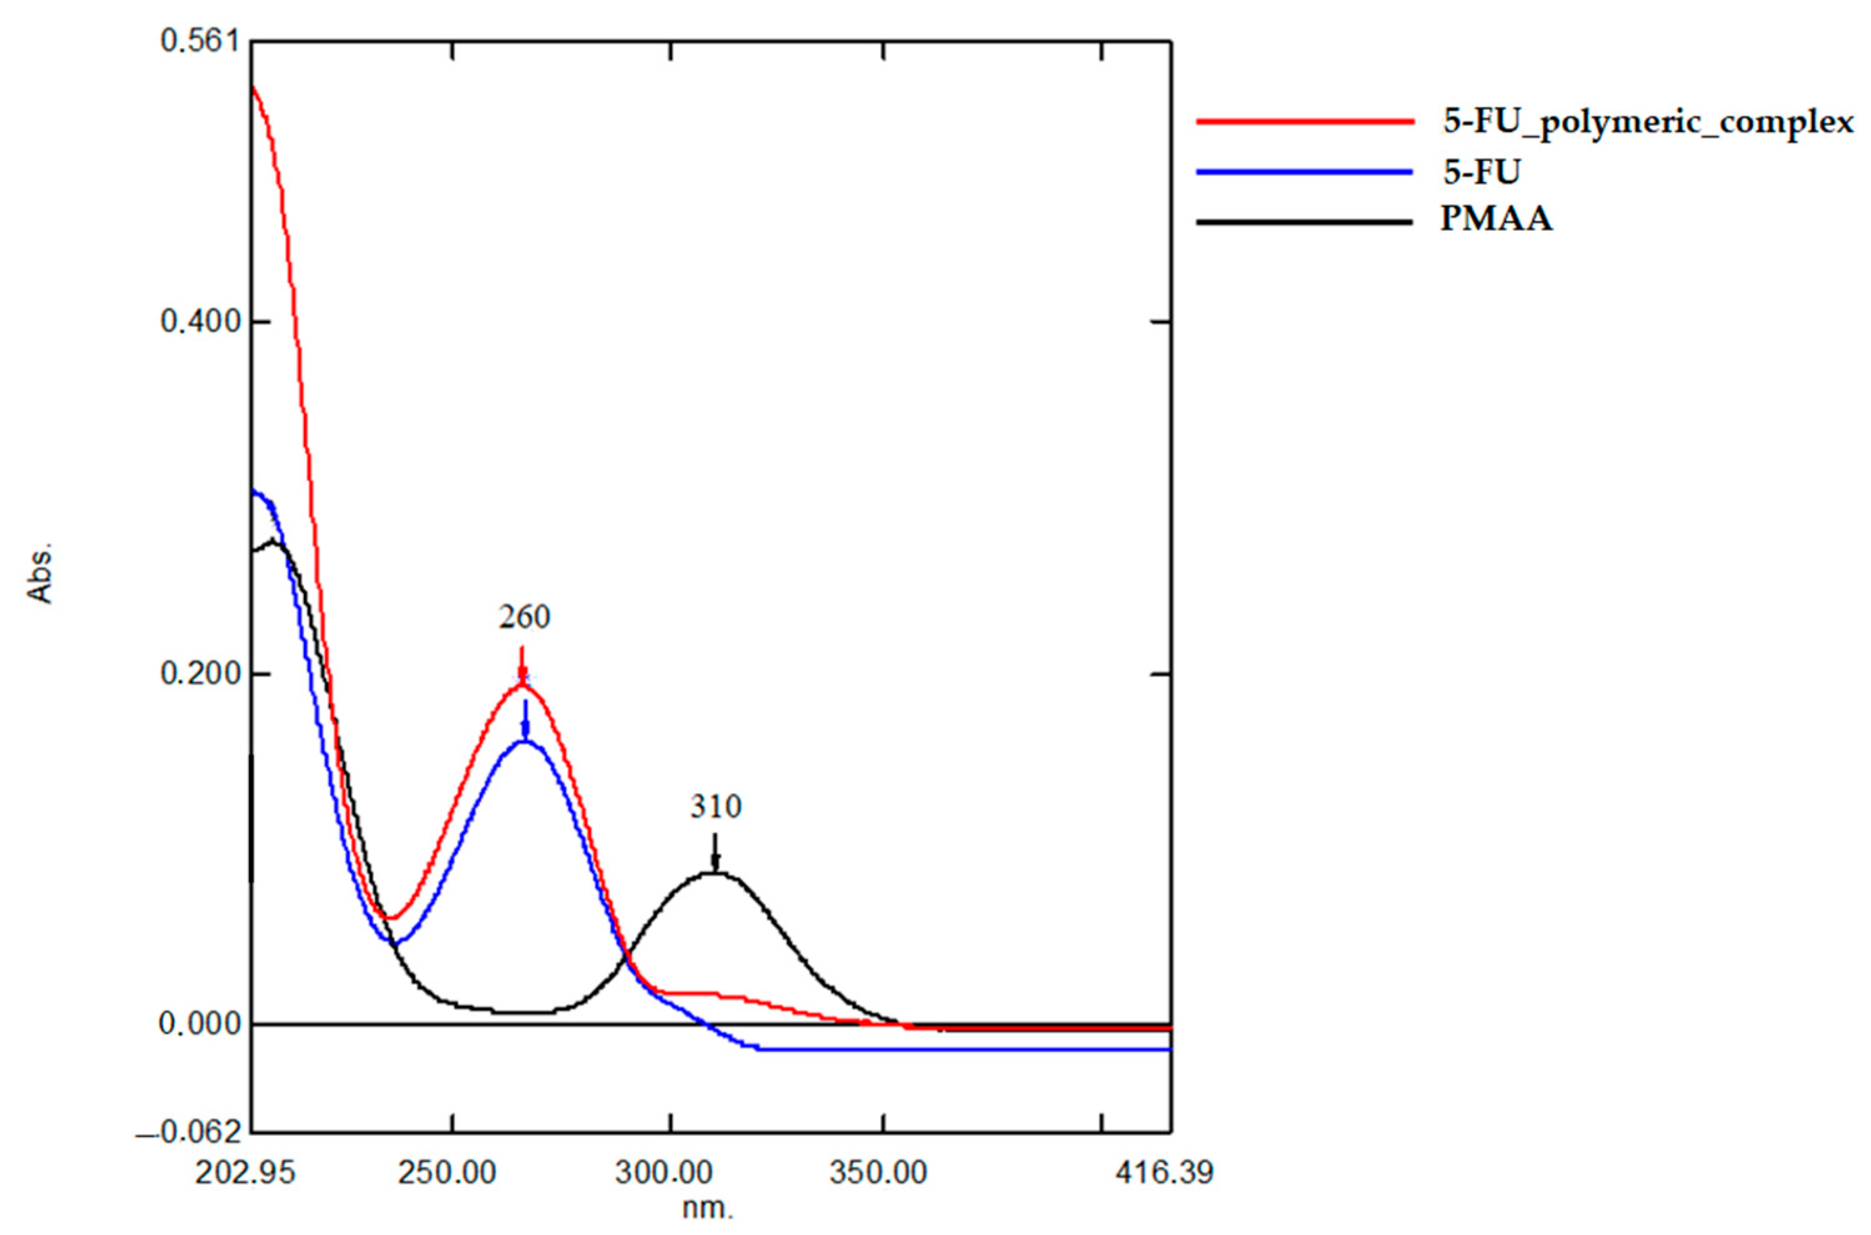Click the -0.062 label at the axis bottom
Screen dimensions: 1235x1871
click(189, 1133)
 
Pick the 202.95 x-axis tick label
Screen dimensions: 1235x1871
click(245, 1173)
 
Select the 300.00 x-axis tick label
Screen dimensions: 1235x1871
click(664, 1173)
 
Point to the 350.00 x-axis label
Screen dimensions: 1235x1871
click(878, 1173)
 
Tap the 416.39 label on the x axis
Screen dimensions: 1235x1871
click(1164, 1173)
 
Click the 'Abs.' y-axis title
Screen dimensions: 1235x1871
click(39, 571)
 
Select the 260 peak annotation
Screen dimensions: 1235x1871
click(524, 617)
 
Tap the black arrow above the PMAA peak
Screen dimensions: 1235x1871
click(715, 852)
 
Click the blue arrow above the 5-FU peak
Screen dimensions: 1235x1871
click(525, 721)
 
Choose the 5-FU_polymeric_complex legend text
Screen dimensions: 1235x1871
click(1648, 123)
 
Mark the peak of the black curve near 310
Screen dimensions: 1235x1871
click(715, 872)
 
